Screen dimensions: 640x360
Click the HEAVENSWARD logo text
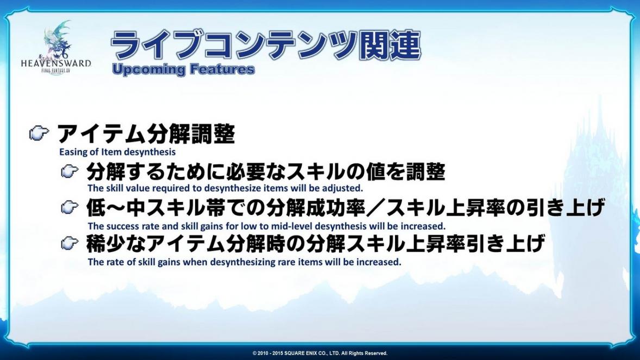pos(56,64)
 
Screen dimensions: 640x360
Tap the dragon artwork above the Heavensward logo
pos(58,40)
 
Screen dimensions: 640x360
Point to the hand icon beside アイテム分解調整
pos(39,132)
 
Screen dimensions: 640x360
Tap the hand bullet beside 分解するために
pos(70,172)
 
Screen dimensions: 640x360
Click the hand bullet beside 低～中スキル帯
pos(70,208)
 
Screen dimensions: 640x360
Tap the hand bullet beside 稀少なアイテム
pos(70,244)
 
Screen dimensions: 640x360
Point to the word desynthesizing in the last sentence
pos(242,262)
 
